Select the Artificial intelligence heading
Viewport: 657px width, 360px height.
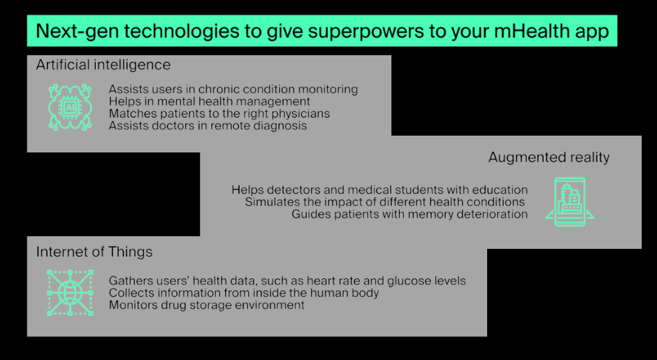[x=103, y=65]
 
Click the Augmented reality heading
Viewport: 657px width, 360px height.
[x=549, y=157]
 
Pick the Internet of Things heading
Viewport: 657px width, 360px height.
[x=94, y=252]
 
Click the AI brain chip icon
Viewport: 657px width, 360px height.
[x=70, y=106]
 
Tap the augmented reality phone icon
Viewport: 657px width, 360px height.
[x=570, y=202]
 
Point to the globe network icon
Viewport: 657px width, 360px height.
[x=70, y=292]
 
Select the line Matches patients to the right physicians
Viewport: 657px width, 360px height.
[x=219, y=113]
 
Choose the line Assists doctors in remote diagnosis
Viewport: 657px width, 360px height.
[x=207, y=126]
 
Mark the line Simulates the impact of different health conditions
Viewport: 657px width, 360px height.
[x=384, y=202]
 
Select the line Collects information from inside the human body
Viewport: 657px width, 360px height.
[x=244, y=293]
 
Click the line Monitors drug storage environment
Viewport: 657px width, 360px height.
[x=206, y=305]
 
